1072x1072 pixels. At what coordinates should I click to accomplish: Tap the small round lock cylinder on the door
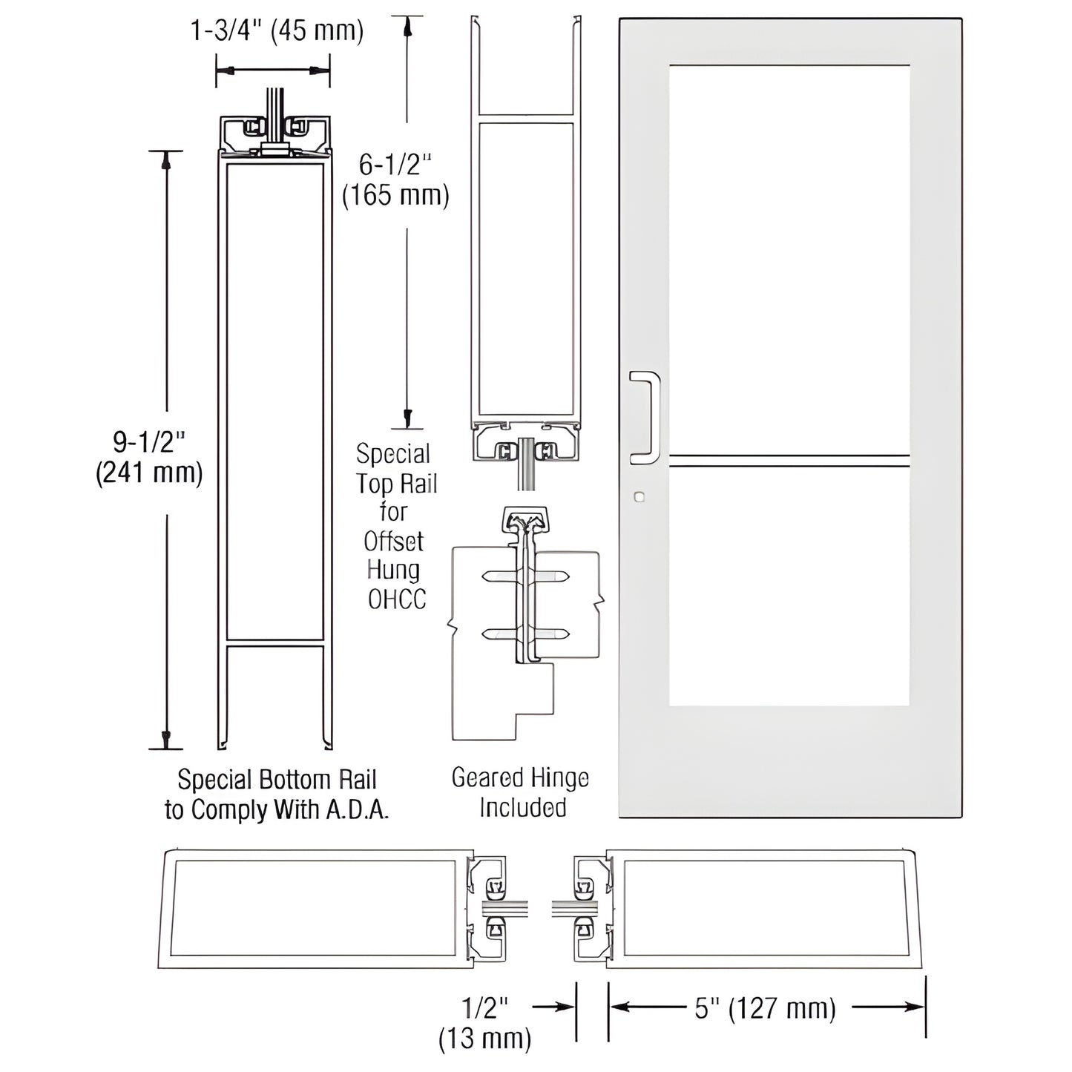(639, 497)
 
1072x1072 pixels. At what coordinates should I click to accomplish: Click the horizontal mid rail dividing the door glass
(789, 461)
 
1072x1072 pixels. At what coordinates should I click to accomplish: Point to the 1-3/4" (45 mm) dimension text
(277, 31)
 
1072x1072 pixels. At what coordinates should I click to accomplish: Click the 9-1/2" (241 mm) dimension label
(149, 458)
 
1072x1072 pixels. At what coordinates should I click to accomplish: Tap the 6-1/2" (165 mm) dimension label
(395, 180)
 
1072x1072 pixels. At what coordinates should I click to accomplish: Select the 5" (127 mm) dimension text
(765, 1008)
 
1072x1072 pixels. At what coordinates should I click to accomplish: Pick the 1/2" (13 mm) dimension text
(485, 1023)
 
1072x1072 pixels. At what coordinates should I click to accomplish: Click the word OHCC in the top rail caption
(397, 599)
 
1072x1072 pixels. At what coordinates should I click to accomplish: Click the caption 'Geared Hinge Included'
(521, 792)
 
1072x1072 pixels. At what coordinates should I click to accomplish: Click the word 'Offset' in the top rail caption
(394, 542)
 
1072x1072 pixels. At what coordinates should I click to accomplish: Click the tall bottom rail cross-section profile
(274, 430)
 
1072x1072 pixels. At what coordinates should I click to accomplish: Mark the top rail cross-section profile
(525, 267)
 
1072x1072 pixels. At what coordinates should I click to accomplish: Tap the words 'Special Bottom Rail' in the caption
(277, 780)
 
